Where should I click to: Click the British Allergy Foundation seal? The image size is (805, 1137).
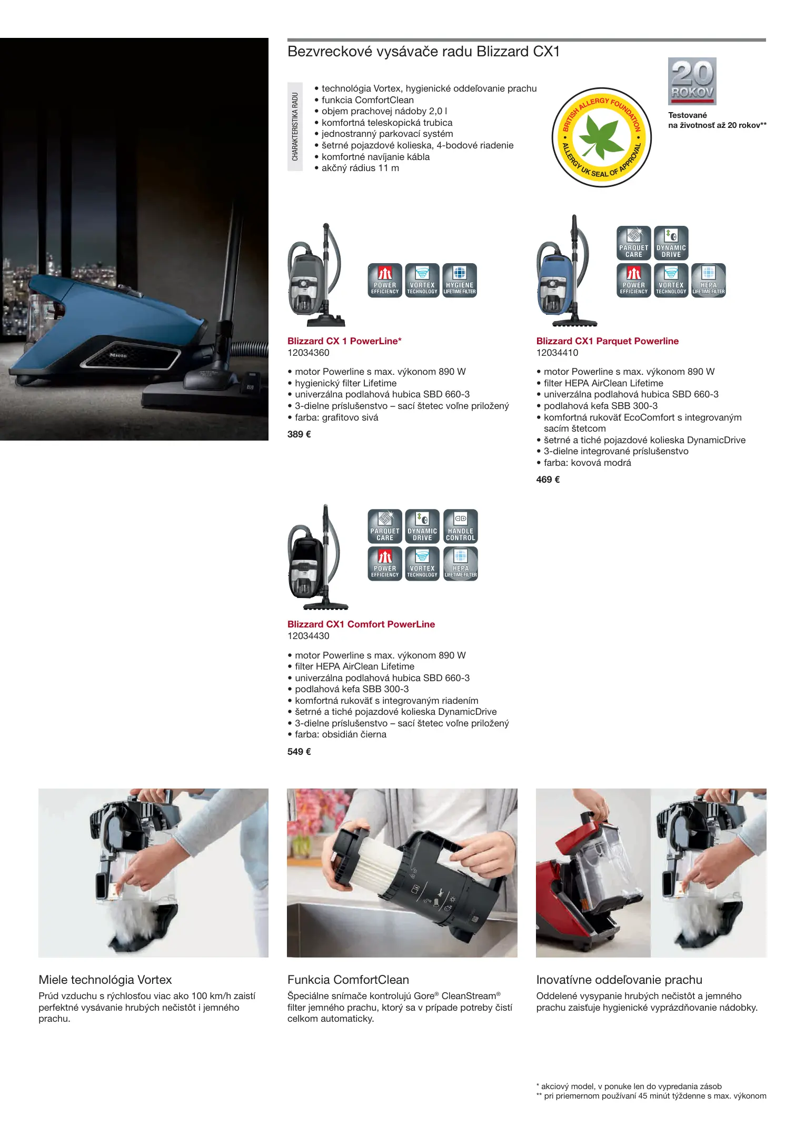(x=602, y=137)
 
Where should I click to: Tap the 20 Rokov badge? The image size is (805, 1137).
(x=692, y=81)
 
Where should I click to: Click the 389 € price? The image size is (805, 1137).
(x=299, y=434)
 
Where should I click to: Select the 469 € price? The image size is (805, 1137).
(x=548, y=480)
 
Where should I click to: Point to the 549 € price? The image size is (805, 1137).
(x=299, y=752)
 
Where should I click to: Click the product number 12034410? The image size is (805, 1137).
(x=557, y=353)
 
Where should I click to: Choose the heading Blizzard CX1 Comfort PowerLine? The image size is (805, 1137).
(x=361, y=624)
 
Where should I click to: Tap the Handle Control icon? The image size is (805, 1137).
(x=461, y=526)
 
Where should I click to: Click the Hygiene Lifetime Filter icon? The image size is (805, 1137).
(x=460, y=281)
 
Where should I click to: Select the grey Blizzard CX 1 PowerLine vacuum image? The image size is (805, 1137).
(x=316, y=275)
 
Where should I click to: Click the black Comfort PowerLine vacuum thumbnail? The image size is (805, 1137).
(x=317, y=557)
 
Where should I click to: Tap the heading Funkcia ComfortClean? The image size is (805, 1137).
(x=348, y=980)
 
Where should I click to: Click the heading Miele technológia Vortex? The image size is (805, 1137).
(x=105, y=980)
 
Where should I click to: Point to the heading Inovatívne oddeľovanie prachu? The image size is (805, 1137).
(x=619, y=980)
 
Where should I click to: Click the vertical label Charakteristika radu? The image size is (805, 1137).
(x=295, y=127)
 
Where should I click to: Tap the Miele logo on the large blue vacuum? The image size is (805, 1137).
(x=118, y=356)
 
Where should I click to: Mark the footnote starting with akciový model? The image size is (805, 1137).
(x=629, y=1086)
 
